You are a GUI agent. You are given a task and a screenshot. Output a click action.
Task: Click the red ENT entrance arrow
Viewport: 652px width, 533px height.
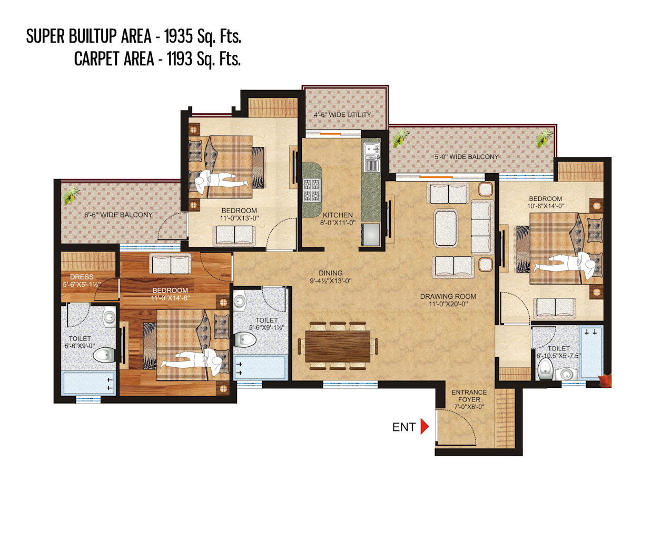(424, 427)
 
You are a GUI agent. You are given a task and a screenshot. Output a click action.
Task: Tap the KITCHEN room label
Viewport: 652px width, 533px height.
(337, 215)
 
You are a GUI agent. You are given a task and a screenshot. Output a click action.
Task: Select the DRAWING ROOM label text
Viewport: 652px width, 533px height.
(448, 296)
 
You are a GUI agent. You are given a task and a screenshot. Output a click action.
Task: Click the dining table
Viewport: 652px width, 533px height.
(337, 346)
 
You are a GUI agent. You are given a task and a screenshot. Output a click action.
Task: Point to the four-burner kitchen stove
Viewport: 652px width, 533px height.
(312, 189)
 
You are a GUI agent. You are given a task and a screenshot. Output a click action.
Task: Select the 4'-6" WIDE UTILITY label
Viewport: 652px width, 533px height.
(342, 115)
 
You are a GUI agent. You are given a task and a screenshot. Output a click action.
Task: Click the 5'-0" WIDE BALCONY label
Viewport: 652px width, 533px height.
(467, 157)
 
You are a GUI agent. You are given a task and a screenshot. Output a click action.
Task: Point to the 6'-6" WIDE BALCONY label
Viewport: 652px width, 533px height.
(118, 215)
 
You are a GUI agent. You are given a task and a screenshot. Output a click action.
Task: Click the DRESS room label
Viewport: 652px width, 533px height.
(82, 277)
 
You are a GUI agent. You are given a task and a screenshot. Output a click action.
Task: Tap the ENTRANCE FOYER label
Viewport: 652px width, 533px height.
(469, 396)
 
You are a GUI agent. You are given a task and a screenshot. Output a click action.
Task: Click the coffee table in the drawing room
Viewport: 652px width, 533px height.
(446, 228)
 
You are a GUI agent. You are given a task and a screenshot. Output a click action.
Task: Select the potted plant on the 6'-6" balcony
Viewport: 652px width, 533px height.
(72, 195)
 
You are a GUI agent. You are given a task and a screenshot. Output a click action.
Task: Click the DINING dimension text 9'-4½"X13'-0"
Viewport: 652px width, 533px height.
(331, 281)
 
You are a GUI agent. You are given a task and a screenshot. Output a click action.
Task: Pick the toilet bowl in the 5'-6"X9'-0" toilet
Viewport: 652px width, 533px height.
(104, 355)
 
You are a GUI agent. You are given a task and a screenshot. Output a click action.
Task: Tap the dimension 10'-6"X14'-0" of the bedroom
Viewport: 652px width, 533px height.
(546, 206)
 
